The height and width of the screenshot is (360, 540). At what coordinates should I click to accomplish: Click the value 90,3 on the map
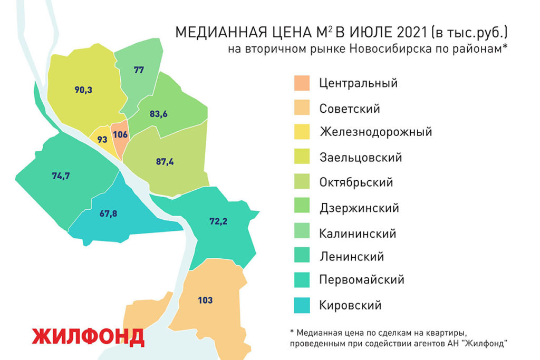coord(83,90)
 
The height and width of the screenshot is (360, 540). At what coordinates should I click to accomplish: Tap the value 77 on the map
coord(139,70)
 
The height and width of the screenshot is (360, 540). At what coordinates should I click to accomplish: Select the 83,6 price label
coord(159,114)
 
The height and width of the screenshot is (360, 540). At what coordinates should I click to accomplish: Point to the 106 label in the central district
coord(120,134)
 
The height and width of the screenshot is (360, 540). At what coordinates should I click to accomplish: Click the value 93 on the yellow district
coord(102,140)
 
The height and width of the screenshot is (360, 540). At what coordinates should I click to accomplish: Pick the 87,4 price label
coord(165,162)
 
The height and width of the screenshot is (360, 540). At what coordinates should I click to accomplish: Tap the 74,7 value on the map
coord(61,176)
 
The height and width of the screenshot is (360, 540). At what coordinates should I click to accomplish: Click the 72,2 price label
coord(218,222)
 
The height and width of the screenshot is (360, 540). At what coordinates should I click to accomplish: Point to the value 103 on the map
coord(205,300)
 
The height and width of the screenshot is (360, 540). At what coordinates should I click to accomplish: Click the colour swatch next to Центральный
coord(302,83)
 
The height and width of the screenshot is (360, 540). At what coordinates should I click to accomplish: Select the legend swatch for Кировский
coord(302,305)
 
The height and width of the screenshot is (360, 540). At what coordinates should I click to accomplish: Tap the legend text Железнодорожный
coord(375,132)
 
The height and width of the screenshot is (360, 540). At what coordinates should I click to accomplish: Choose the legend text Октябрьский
coord(356,182)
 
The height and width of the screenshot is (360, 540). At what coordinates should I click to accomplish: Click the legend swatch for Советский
coord(302,109)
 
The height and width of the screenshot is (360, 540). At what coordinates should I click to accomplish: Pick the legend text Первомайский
coord(361,279)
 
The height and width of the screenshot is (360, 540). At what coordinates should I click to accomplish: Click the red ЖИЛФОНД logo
coord(88,337)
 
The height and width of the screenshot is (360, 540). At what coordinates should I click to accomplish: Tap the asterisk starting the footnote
coord(292,332)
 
